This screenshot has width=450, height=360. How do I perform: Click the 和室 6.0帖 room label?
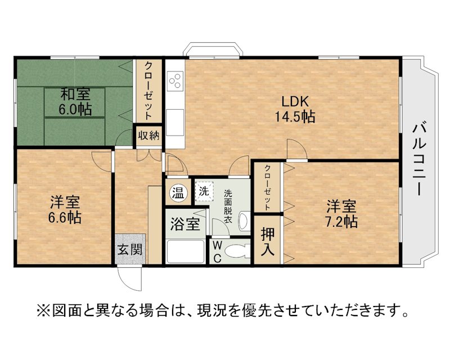click(75, 101)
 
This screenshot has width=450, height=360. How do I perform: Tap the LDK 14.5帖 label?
click(295, 109)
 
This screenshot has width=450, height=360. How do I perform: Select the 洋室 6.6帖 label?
click(65, 210)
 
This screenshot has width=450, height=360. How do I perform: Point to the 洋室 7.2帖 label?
click(341, 214)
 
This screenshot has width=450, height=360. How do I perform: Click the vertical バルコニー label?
click(419, 160)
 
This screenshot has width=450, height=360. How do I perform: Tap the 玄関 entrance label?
click(130, 249)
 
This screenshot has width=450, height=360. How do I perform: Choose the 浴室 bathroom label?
click(185, 224)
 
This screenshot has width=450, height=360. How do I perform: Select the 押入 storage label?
click(268, 242)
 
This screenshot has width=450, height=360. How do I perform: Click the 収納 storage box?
click(148, 136)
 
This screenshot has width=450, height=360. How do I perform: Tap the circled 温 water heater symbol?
click(178, 193)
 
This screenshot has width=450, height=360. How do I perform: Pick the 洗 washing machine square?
click(204, 191)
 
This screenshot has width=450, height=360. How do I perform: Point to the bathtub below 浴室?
click(186, 251)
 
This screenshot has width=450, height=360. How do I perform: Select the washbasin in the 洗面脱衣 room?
click(244, 221)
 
